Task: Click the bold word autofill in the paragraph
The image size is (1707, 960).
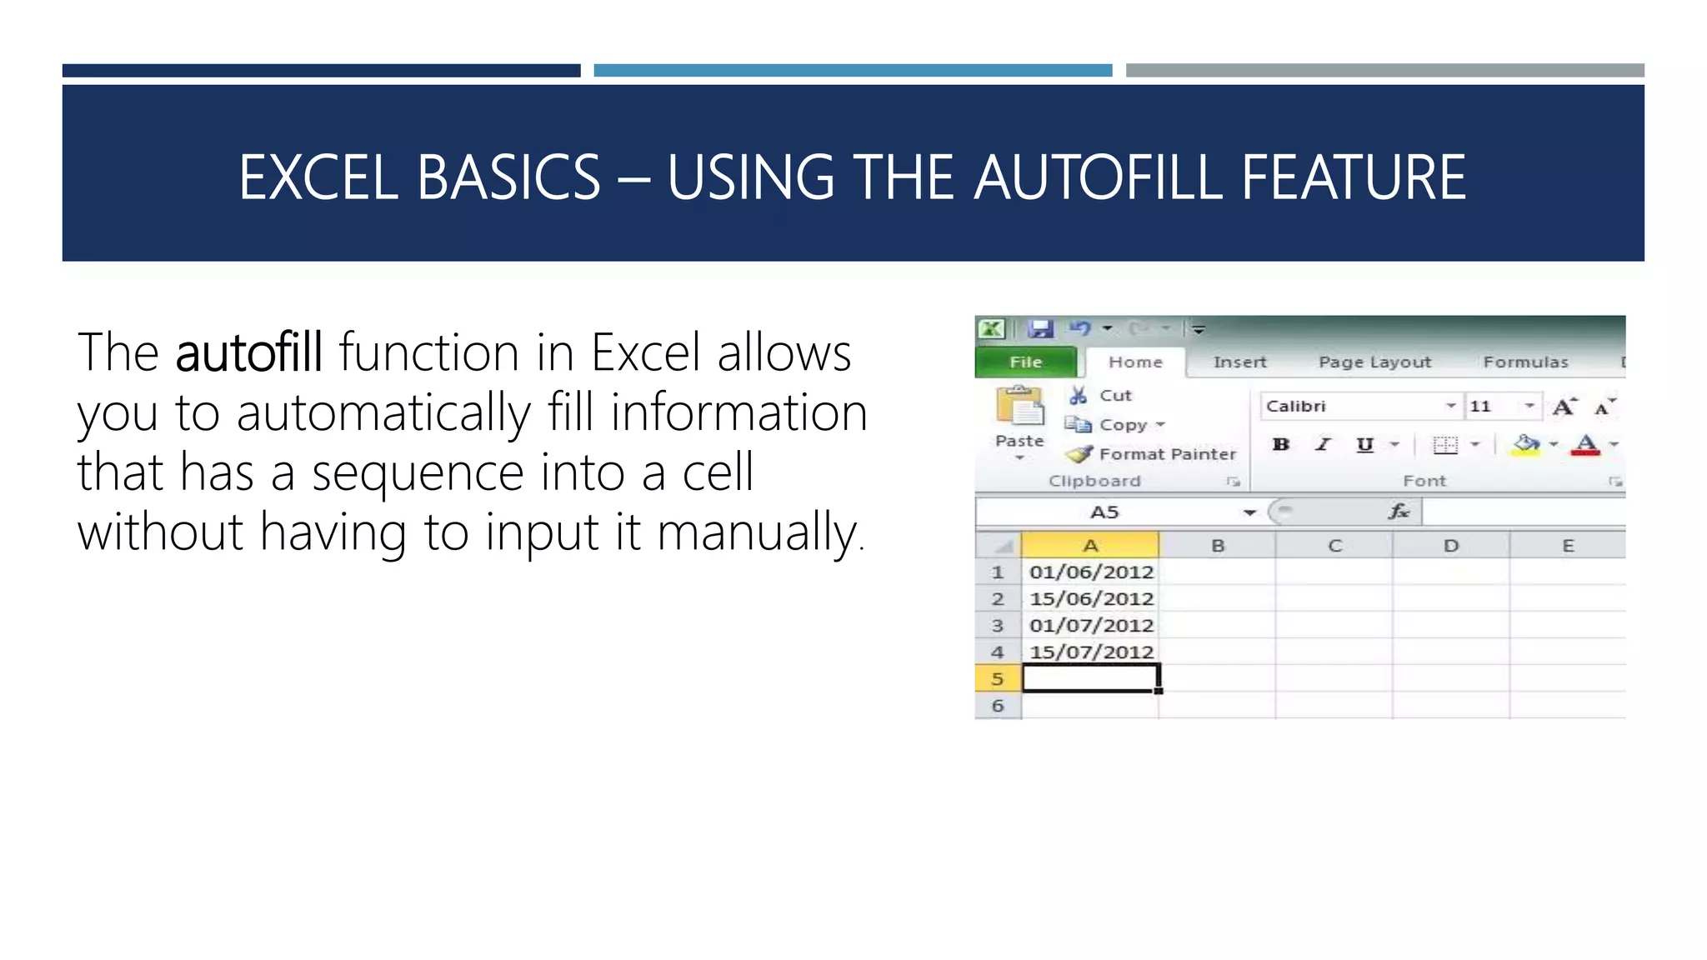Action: click(x=248, y=352)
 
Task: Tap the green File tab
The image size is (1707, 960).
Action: click(x=1025, y=362)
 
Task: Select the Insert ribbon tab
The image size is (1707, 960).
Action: click(x=1239, y=362)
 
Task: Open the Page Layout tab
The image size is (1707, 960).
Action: click(x=1374, y=362)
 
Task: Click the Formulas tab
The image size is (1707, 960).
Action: click(x=1525, y=362)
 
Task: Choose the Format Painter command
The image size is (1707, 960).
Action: click(x=1166, y=454)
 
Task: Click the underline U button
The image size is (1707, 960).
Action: click(x=1364, y=445)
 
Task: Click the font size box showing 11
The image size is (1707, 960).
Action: click(x=1492, y=407)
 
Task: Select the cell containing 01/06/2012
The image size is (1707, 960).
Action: click(x=1090, y=572)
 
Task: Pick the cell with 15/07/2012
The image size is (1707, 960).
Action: click(x=1090, y=652)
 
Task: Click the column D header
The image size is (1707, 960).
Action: click(x=1451, y=546)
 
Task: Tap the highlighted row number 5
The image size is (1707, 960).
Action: click(x=998, y=679)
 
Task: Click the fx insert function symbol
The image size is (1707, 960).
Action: click(x=1399, y=512)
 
